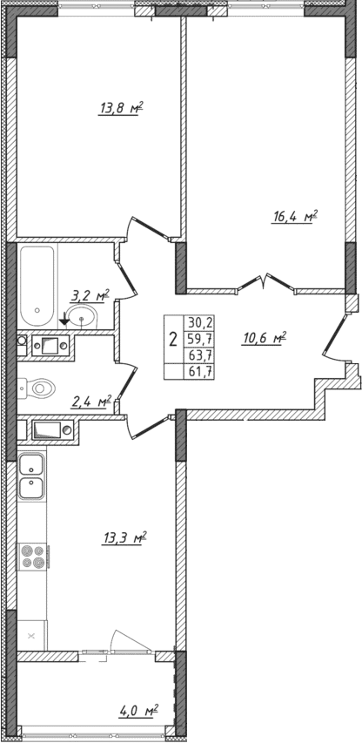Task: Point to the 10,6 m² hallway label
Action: pos(265,339)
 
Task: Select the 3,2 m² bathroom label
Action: pos(90,297)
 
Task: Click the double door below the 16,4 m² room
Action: pos(265,283)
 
